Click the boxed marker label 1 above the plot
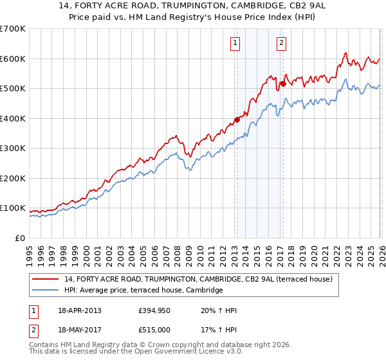coord(235,44)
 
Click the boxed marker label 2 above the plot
coord(282,44)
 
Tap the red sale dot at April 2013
coord(237,119)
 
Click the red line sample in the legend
coord(46,279)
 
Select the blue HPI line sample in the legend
coord(46,291)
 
